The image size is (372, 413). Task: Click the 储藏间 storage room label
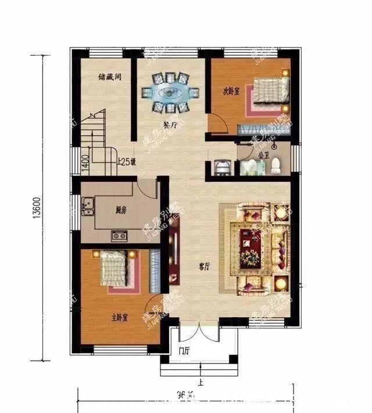pos(109,76)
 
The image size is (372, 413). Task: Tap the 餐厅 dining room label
pos(170,125)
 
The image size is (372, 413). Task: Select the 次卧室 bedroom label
pos(231,91)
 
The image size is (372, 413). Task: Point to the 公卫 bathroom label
pos(263,155)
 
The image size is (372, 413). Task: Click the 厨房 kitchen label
pos(121,210)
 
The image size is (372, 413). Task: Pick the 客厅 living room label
pos(204,267)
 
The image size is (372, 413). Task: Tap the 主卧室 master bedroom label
pos(119,317)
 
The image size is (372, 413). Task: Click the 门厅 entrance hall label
pos(185,350)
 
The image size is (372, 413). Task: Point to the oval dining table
pos(170,92)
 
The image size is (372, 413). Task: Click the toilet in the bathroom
pos(276,166)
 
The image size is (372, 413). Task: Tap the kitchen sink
pos(89,205)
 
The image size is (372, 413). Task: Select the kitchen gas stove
pos(120,235)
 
